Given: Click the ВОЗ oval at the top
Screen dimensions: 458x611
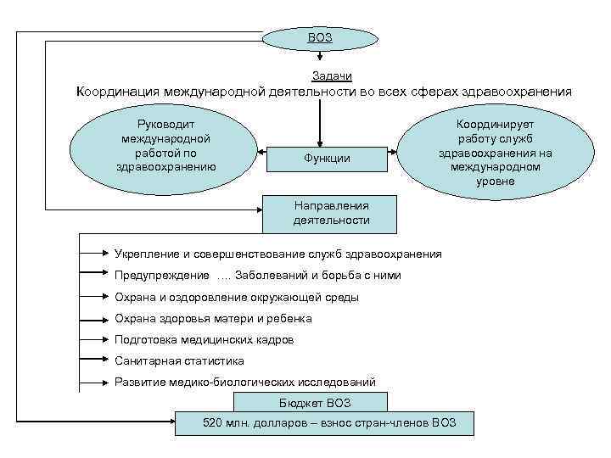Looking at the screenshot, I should click(x=319, y=37).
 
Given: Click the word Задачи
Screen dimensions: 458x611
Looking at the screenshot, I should click(x=321, y=76).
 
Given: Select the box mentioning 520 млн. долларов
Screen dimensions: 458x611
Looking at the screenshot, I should click(x=324, y=422).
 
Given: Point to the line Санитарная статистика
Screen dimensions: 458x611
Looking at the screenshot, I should click(x=179, y=360).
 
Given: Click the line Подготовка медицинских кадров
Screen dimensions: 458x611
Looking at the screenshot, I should click(x=204, y=339).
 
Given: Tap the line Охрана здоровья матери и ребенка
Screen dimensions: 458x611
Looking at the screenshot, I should click(x=213, y=318).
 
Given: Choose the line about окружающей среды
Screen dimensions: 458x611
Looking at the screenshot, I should click(x=236, y=297).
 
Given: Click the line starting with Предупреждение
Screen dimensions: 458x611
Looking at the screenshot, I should click(x=257, y=276).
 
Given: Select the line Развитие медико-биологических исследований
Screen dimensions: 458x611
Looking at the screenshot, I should click(x=244, y=382).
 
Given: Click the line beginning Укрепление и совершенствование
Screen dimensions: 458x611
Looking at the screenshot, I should click(x=277, y=254).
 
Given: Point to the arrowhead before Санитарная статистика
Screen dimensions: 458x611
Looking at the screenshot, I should click(x=107, y=360).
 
